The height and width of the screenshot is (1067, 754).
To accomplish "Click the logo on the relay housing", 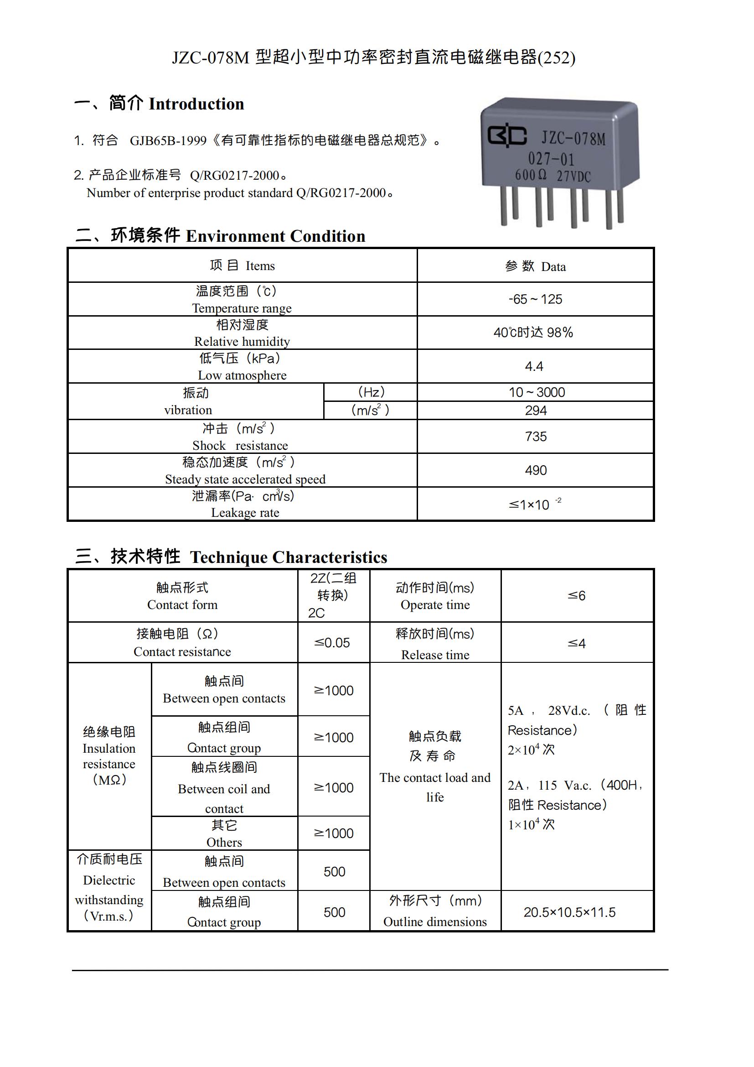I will [x=506, y=135].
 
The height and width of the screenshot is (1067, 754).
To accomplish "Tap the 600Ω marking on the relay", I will [x=530, y=175].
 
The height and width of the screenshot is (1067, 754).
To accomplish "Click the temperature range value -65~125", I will [x=535, y=299].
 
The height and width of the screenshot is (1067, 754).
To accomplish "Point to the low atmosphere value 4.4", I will [x=534, y=367].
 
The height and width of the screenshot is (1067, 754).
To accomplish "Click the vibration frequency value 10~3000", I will [x=536, y=392].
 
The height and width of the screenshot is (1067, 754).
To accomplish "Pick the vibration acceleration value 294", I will [x=536, y=411].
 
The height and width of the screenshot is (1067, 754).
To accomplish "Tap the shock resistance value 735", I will [x=536, y=437].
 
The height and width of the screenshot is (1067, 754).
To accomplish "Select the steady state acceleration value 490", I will [x=536, y=470].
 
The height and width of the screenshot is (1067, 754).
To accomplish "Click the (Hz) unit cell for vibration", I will [x=371, y=392].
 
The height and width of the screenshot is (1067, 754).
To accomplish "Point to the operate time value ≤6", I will [x=576, y=595].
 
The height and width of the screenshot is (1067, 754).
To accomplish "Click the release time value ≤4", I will [x=576, y=643].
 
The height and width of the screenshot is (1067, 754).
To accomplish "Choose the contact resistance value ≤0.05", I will [x=332, y=643].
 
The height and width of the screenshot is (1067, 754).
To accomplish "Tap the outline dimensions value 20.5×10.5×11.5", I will [x=569, y=912].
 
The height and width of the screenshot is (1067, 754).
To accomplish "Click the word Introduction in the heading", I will [x=196, y=104].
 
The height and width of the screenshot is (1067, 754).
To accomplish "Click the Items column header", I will [x=242, y=266].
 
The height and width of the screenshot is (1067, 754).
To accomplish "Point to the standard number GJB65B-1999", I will [x=168, y=141].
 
